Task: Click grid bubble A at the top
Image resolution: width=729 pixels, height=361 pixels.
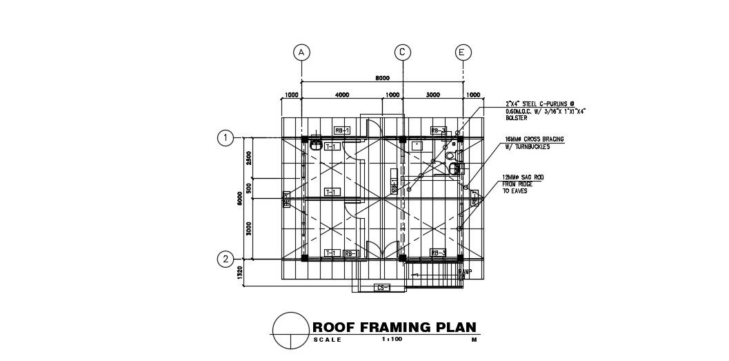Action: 301,52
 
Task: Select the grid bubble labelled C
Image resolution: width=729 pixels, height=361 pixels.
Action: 402,52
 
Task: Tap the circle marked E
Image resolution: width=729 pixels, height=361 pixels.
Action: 463,52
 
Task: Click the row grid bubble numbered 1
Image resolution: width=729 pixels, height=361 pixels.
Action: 225,138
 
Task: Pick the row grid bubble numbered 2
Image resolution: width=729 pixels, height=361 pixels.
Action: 225,260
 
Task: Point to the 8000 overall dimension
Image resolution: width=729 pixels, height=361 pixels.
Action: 383,78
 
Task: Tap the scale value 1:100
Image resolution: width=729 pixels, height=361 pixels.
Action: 391,340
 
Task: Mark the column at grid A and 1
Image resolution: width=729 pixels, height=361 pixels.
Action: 303,139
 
